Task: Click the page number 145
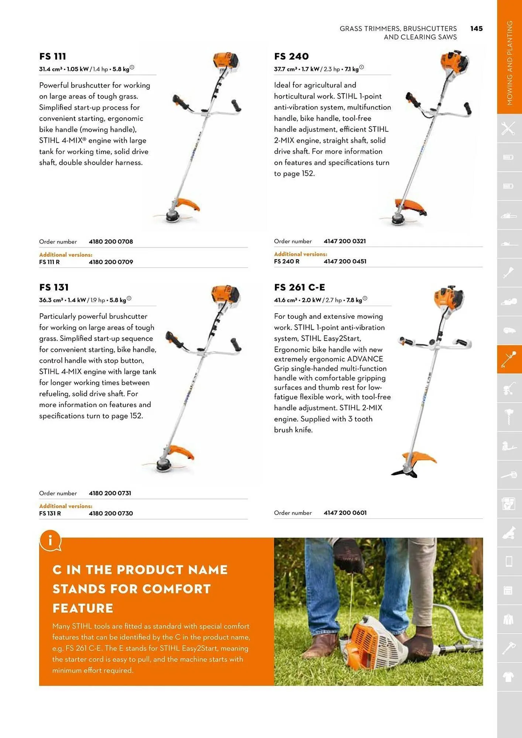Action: pos(476,29)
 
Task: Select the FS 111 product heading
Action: pos(52,56)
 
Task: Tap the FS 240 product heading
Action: pos(291,56)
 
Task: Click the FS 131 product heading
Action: pos(54,287)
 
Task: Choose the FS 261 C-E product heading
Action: pos(299,287)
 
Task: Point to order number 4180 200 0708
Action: pos(111,242)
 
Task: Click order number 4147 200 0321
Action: pos(345,241)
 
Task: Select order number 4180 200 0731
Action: pos(110,493)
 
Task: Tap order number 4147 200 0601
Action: pos(345,513)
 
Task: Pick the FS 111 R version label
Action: pos(49,262)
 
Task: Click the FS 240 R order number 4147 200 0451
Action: pos(345,262)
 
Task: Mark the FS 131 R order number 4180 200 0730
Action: pos(111,514)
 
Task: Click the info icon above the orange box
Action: pos(50,541)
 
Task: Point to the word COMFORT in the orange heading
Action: pos(176,589)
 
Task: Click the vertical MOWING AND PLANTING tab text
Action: pos(509,63)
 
